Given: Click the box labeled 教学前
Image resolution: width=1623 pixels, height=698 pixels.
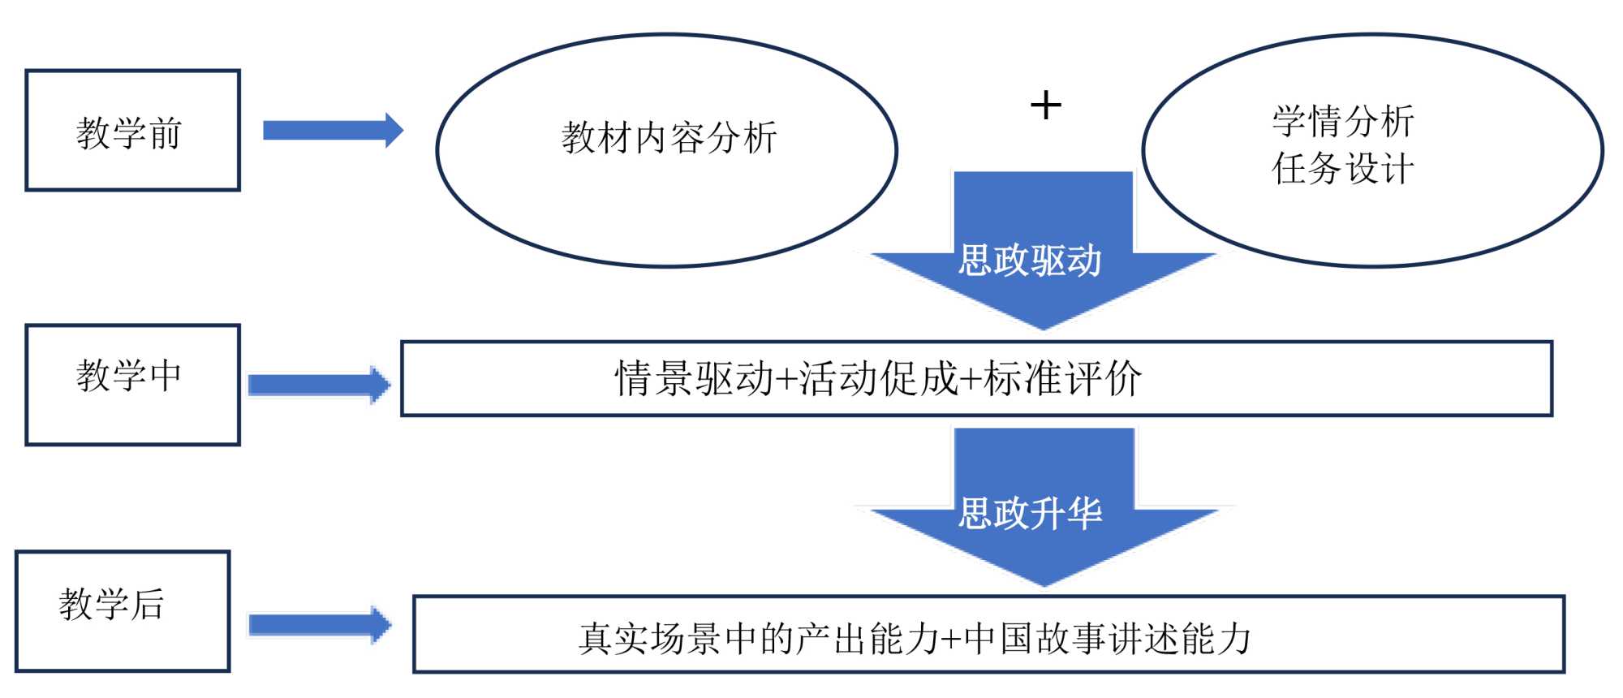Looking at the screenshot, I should (132, 131).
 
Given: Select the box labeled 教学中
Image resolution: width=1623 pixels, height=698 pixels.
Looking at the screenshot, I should (132, 384).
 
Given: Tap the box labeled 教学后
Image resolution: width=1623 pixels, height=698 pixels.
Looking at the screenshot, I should (123, 611).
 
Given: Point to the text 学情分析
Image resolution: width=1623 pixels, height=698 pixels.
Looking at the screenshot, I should (1343, 122).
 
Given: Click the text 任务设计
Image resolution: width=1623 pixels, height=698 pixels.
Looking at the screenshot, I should (1343, 169).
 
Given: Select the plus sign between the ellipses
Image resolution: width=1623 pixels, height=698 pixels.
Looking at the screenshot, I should (1045, 106).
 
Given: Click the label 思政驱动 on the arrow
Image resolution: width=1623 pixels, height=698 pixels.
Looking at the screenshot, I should (1030, 261).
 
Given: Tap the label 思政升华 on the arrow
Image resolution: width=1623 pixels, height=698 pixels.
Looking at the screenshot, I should (1030, 514).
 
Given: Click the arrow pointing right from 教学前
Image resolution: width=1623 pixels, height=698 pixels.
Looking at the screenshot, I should (333, 131).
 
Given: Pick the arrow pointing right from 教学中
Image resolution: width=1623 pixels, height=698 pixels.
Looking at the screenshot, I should (319, 385).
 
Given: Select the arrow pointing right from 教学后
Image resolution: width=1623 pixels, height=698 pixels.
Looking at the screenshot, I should (320, 625).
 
